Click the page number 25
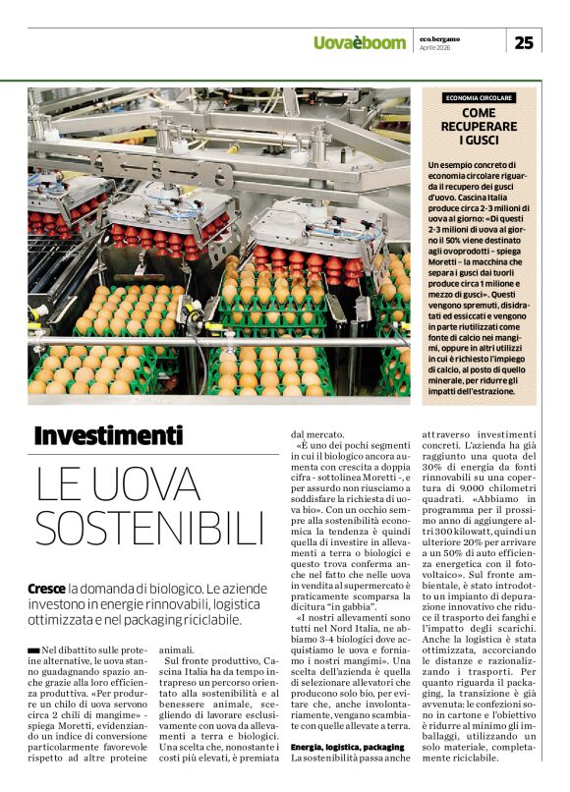tap(524, 41)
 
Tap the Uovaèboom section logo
tap(359, 42)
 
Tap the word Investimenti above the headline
tap(108, 434)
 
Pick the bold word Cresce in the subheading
tap(48, 589)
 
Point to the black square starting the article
tap(34, 651)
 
